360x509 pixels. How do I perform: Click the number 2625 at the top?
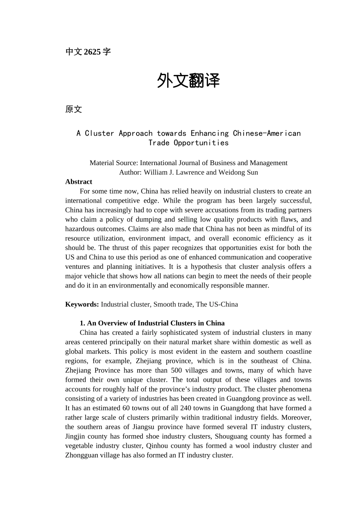tap(92, 52)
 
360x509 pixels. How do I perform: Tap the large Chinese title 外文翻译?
tap(188, 81)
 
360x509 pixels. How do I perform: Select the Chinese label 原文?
tap(74, 109)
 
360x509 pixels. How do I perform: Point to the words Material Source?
tap(114, 163)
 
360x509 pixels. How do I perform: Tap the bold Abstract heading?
tap(78, 182)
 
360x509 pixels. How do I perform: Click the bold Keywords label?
tap(82, 304)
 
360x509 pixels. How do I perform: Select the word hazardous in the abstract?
tap(80, 229)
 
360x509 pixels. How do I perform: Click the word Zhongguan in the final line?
tap(81, 456)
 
